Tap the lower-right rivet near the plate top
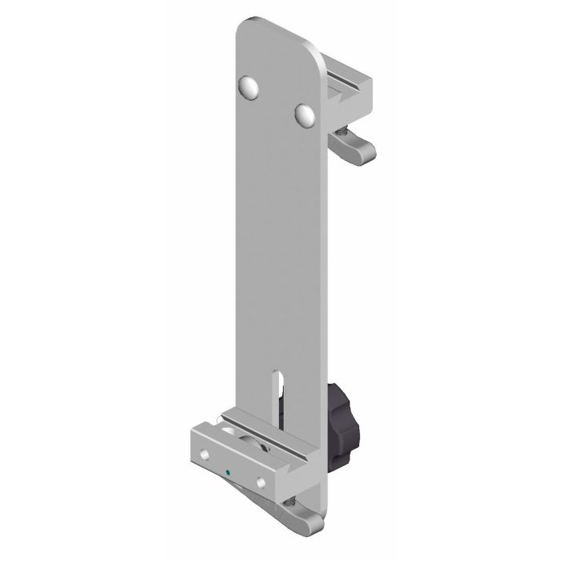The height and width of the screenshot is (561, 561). coord(305,114)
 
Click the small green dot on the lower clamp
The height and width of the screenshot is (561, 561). coord(229,472)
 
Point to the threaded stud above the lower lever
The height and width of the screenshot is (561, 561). coord(293,498)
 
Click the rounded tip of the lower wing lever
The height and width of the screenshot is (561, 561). coord(314,524)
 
